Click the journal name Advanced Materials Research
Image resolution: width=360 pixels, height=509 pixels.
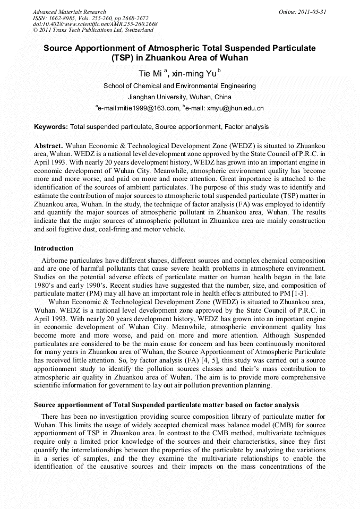(x=69, y=12)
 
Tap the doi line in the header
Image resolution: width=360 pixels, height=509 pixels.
(x=95, y=24)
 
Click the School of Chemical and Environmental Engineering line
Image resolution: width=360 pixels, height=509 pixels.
(x=179, y=86)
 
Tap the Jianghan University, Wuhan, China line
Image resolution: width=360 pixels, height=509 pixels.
(x=179, y=97)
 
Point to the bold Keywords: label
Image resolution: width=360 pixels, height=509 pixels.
(x=51, y=127)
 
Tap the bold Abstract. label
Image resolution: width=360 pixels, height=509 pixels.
(x=49, y=145)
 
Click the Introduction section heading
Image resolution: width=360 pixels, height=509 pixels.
(x=54, y=248)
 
